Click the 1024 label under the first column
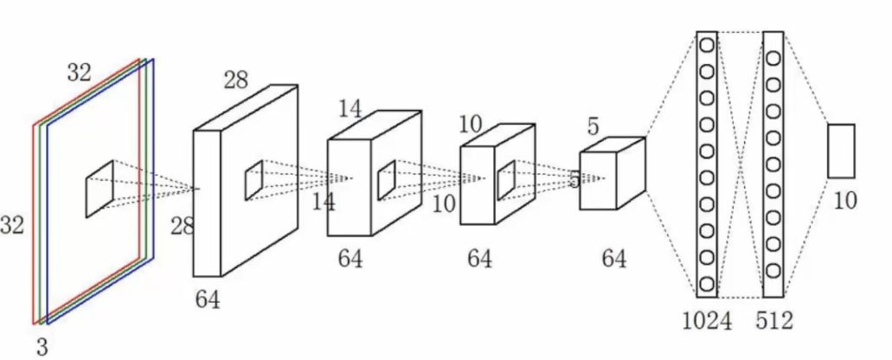click(706, 321)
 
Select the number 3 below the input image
click(42, 348)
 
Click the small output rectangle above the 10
click(840, 151)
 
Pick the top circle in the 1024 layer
click(707, 44)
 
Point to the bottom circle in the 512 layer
click(773, 279)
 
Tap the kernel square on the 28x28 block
click(253, 179)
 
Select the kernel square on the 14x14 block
click(386, 178)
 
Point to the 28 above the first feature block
click(235, 80)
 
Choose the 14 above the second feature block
click(350, 110)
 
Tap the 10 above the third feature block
click(470, 124)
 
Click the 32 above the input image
click(79, 74)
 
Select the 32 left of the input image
click(12, 227)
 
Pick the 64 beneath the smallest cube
click(613, 258)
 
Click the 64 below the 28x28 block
click(208, 300)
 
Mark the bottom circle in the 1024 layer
click(707, 282)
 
